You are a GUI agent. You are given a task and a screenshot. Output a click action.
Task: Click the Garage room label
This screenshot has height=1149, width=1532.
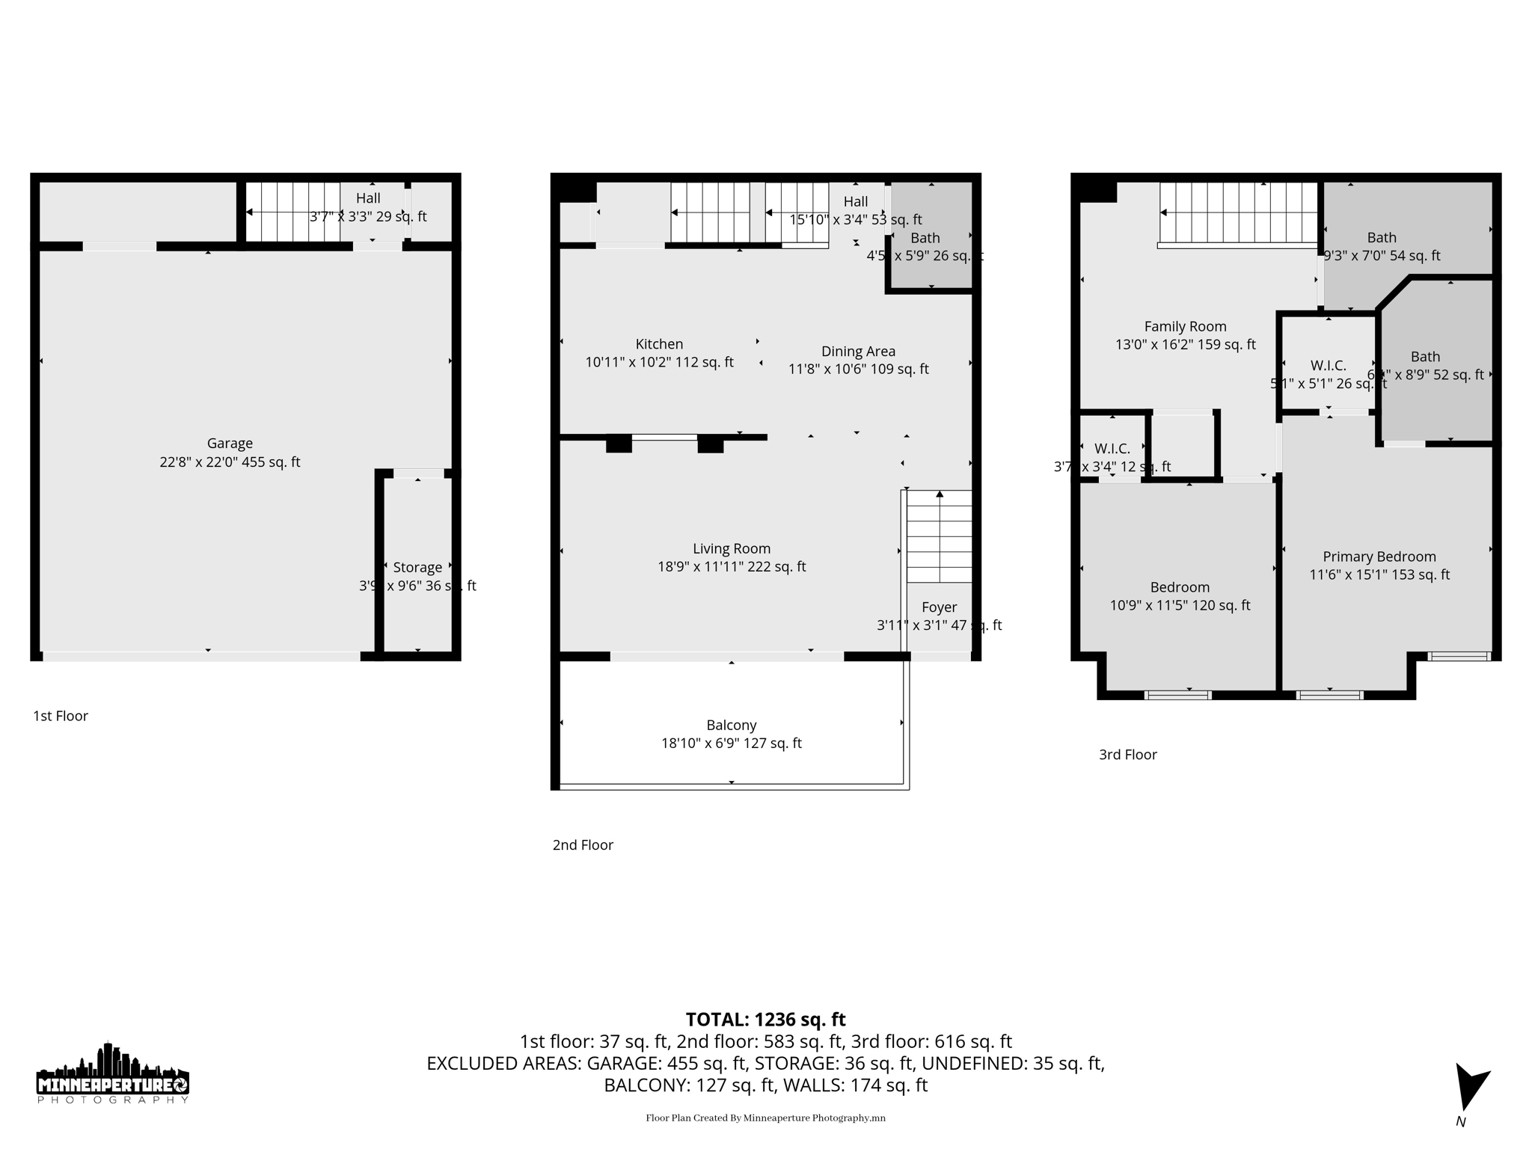tap(230, 444)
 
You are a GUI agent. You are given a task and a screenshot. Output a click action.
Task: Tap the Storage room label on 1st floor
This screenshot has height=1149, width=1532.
tap(417, 568)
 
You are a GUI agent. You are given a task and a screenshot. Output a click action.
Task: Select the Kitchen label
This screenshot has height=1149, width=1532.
tap(659, 344)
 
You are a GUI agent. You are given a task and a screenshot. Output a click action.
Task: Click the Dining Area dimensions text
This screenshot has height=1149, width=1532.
tap(858, 370)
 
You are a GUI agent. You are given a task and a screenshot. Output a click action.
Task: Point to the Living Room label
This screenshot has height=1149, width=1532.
tap(731, 549)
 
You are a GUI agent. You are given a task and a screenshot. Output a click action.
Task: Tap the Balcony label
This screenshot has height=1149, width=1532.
tap(731, 725)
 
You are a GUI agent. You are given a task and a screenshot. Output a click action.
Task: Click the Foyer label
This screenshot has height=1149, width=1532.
tap(939, 607)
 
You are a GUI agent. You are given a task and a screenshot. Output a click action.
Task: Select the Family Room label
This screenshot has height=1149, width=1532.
tap(1185, 327)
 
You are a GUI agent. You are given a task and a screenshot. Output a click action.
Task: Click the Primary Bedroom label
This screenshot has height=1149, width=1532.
tap(1379, 557)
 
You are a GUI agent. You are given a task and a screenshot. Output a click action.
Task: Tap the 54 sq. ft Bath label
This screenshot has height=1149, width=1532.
tap(1381, 238)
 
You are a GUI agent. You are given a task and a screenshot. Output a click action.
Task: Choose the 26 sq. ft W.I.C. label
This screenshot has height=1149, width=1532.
tap(1328, 366)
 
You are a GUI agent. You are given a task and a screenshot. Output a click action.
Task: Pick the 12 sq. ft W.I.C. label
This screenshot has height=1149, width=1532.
tap(1112, 449)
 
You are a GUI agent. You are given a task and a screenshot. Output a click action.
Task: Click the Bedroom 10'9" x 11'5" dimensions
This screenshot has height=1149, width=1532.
tap(1179, 606)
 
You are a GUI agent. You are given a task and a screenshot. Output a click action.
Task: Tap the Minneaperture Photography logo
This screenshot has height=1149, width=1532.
tap(112, 1074)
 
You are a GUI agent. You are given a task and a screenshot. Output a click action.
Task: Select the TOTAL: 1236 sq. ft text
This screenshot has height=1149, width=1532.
tap(765, 1020)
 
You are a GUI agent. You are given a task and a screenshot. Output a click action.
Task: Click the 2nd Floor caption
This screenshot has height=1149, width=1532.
tap(583, 845)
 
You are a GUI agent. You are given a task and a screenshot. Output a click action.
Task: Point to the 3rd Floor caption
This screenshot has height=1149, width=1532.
tap(1127, 755)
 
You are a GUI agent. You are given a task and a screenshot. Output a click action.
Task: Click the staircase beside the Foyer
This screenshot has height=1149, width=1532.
tap(939, 537)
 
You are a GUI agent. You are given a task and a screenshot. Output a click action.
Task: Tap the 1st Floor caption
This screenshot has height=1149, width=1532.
tap(61, 716)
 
